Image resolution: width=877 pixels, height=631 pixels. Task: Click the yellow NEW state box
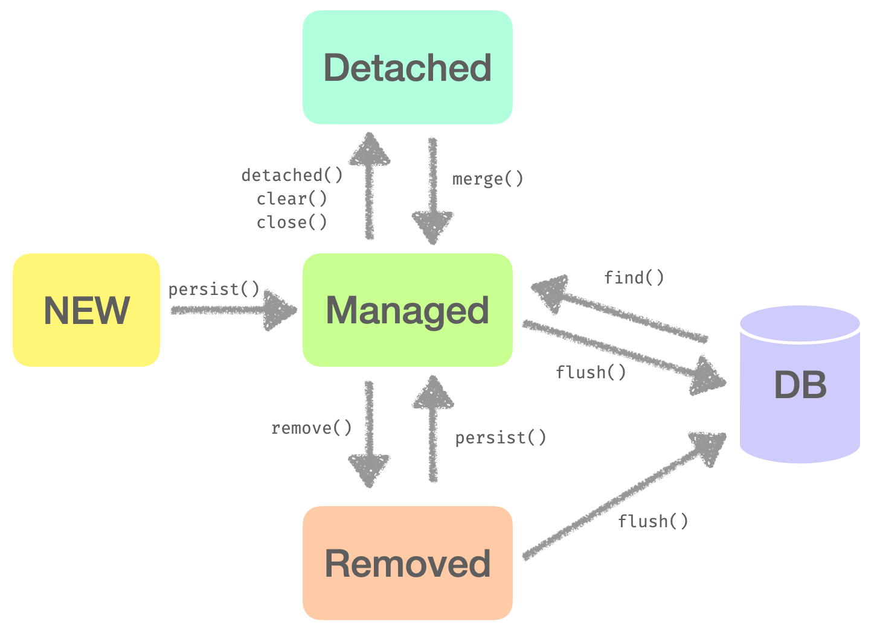point(86,310)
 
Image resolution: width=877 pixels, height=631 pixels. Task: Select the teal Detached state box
point(408,68)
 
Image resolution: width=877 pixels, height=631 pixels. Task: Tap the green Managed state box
point(408,310)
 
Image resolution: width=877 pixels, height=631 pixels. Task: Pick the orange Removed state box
point(408,563)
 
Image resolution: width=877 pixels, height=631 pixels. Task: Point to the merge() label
point(488,179)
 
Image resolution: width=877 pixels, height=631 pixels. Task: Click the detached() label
point(292,176)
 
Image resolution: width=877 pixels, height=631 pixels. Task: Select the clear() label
point(292,199)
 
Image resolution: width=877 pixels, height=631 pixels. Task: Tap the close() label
point(292,223)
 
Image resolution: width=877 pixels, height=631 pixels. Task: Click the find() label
point(634,278)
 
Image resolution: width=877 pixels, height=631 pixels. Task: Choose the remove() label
point(312,428)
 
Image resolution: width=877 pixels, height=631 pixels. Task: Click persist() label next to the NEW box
point(214,290)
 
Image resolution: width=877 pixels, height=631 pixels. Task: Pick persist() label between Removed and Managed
point(501,438)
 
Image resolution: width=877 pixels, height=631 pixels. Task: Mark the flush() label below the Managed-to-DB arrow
point(591,373)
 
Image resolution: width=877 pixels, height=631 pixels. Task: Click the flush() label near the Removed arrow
point(654,521)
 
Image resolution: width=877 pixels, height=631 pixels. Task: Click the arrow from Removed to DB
point(622,496)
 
